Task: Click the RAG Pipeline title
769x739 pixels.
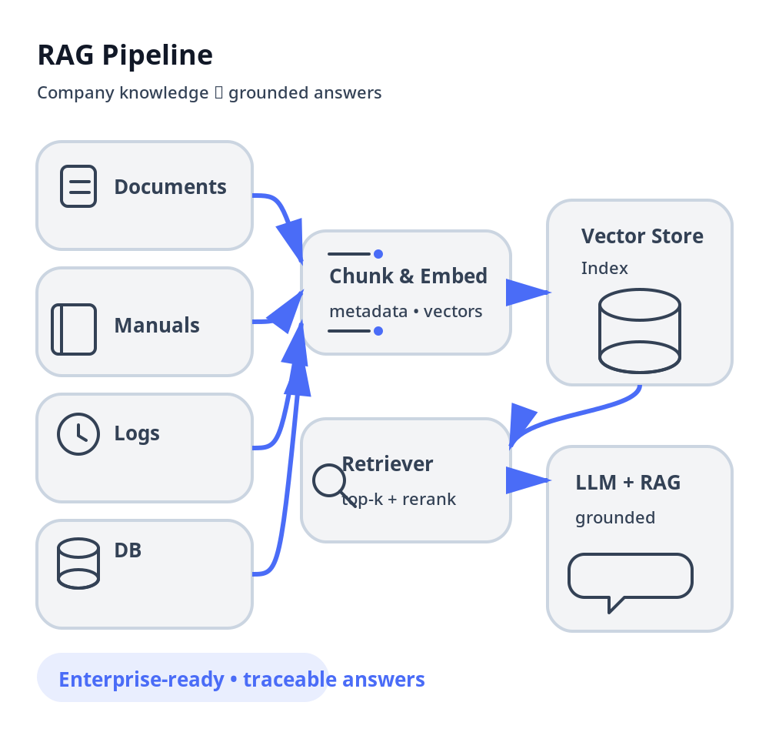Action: click(125, 55)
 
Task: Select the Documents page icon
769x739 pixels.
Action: click(78, 186)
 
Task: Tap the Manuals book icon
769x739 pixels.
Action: click(74, 329)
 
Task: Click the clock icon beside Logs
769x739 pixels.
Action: click(78, 434)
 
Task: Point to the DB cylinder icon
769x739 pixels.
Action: click(78, 563)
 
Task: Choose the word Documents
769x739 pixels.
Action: click(170, 187)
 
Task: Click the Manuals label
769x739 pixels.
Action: click(157, 326)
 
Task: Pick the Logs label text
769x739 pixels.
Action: click(137, 433)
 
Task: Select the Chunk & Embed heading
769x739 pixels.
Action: click(408, 276)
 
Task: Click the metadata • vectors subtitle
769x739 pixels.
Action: click(405, 312)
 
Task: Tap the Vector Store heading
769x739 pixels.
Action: click(642, 236)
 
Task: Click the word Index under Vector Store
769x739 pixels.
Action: click(604, 269)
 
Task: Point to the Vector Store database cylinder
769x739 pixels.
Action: click(640, 331)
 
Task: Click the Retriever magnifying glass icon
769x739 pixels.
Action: click(331, 483)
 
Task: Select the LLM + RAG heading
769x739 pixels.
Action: click(628, 483)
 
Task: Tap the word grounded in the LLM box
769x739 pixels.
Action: click(615, 518)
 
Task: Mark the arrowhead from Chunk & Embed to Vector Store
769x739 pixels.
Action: click(527, 293)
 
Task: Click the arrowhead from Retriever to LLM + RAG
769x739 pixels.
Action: click(527, 480)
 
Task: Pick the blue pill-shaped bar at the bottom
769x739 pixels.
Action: click(183, 677)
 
